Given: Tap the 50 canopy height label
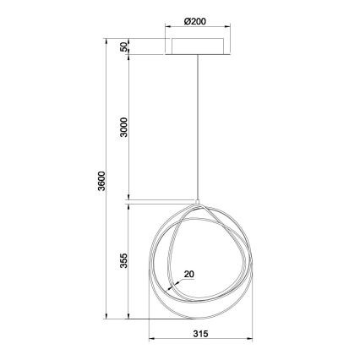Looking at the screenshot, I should coord(124,47).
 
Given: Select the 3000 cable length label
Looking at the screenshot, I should coord(124,128).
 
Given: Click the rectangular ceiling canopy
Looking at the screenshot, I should coord(199,47).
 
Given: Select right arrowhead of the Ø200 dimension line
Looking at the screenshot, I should coord(226,33).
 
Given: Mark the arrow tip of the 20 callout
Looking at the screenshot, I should coord(169,287).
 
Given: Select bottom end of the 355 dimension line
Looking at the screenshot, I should coord(129,319).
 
